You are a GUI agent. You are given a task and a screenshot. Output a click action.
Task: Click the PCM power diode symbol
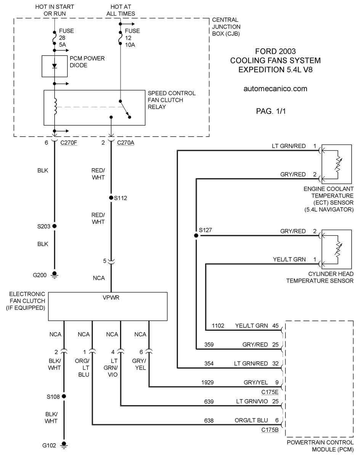pyautogui.click(x=55, y=66)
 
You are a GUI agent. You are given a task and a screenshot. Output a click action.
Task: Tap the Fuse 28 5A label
pyautogui.click(x=66, y=38)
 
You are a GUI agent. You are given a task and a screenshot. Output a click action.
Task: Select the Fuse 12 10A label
pyautogui.click(x=132, y=38)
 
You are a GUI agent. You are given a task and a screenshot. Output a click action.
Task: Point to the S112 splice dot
pyautogui.click(x=111, y=198)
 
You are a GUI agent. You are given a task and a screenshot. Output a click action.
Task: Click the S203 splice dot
pyautogui.click(x=55, y=226)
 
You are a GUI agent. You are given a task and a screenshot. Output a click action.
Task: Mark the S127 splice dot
pyautogui.click(x=196, y=235)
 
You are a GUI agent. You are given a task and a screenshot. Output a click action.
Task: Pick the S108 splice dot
pyautogui.click(x=64, y=396)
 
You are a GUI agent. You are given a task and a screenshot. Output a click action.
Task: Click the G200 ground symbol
pyautogui.click(x=55, y=275)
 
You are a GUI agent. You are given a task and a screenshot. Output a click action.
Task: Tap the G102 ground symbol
pyautogui.click(x=64, y=445)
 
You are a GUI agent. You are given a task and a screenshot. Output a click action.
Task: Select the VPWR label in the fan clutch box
pyautogui.click(x=111, y=298)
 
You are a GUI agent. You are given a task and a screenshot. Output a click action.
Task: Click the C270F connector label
pyautogui.click(x=69, y=143)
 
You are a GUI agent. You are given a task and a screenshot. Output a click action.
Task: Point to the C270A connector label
pyautogui.click(x=125, y=143)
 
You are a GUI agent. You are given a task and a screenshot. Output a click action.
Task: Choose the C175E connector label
pyautogui.click(x=270, y=392)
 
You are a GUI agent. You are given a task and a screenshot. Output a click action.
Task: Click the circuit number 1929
pyautogui.click(x=207, y=382)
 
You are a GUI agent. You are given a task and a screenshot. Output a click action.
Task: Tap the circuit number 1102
pyautogui.click(x=218, y=326)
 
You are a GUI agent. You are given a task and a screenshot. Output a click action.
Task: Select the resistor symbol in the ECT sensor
pyautogui.click(x=338, y=165)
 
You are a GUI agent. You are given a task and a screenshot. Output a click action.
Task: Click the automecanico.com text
pyautogui.click(x=275, y=89)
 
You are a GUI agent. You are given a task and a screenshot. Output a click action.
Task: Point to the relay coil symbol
pyautogui.click(x=55, y=106)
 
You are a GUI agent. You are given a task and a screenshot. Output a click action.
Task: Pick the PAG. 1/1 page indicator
pyautogui.click(x=271, y=111)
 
